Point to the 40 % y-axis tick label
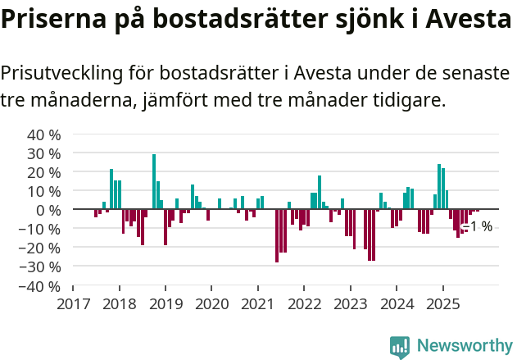click(x=44, y=134)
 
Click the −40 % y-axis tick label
click(x=41, y=286)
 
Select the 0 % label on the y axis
click(x=48, y=210)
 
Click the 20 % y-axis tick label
click(x=44, y=172)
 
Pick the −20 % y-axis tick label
click(x=41, y=248)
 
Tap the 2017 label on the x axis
click(x=73, y=304)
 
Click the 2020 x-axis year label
click(x=211, y=304)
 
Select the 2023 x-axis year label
click(x=351, y=304)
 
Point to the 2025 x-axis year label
click(x=443, y=304)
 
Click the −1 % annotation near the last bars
click(x=479, y=226)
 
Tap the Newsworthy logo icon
click(x=400, y=346)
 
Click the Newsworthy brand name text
click(x=464, y=346)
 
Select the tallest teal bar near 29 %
click(x=154, y=181)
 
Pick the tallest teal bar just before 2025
click(x=439, y=187)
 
